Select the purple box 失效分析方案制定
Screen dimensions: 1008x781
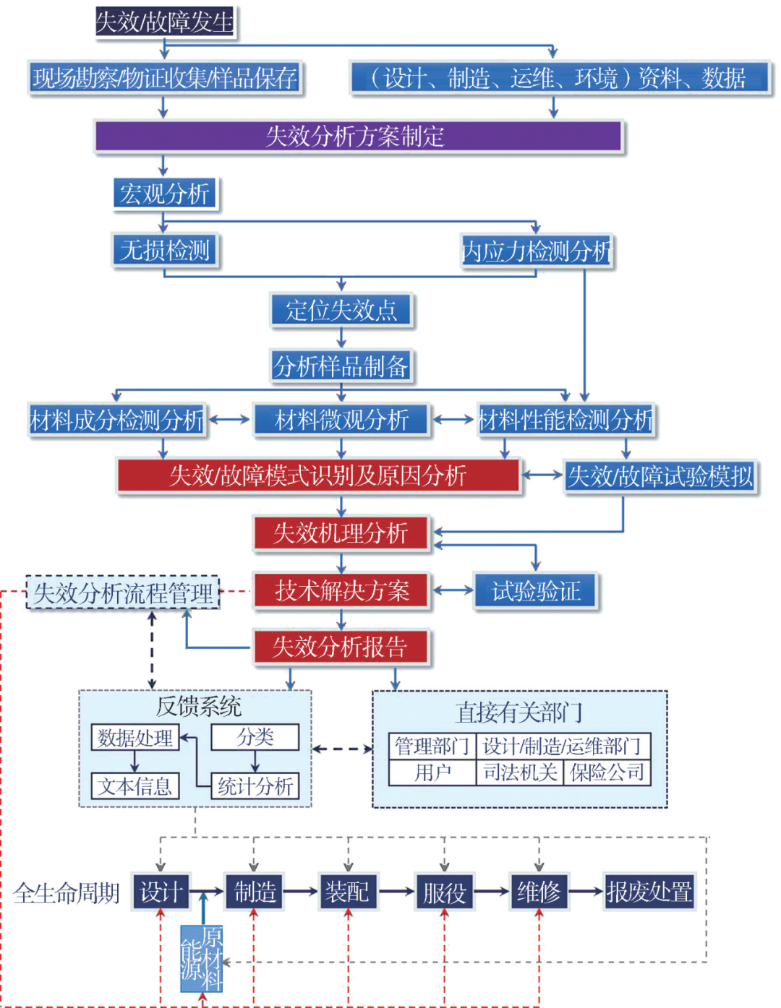(357, 136)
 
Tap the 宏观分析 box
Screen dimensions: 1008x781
(165, 194)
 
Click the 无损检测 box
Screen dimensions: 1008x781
(164, 250)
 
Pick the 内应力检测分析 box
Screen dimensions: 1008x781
(536, 251)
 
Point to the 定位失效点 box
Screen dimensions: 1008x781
(341, 310)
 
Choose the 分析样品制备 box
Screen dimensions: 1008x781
(341, 366)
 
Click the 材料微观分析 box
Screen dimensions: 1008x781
(341, 420)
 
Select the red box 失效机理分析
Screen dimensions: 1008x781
(341, 533)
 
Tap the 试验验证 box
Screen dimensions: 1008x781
(536, 591)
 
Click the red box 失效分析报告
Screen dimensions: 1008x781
(341, 647)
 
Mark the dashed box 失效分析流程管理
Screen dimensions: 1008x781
(123, 593)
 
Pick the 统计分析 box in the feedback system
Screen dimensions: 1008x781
(255, 786)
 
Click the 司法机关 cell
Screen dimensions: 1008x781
(519, 772)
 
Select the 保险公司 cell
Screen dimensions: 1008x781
(607, 772)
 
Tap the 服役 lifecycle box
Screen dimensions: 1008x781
(444, 892)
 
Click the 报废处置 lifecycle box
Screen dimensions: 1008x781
(649, 892)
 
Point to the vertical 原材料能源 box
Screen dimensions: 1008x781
(202, 958)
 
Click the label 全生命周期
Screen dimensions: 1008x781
(67, 893)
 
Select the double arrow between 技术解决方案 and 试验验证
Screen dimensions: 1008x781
(453, 590)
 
